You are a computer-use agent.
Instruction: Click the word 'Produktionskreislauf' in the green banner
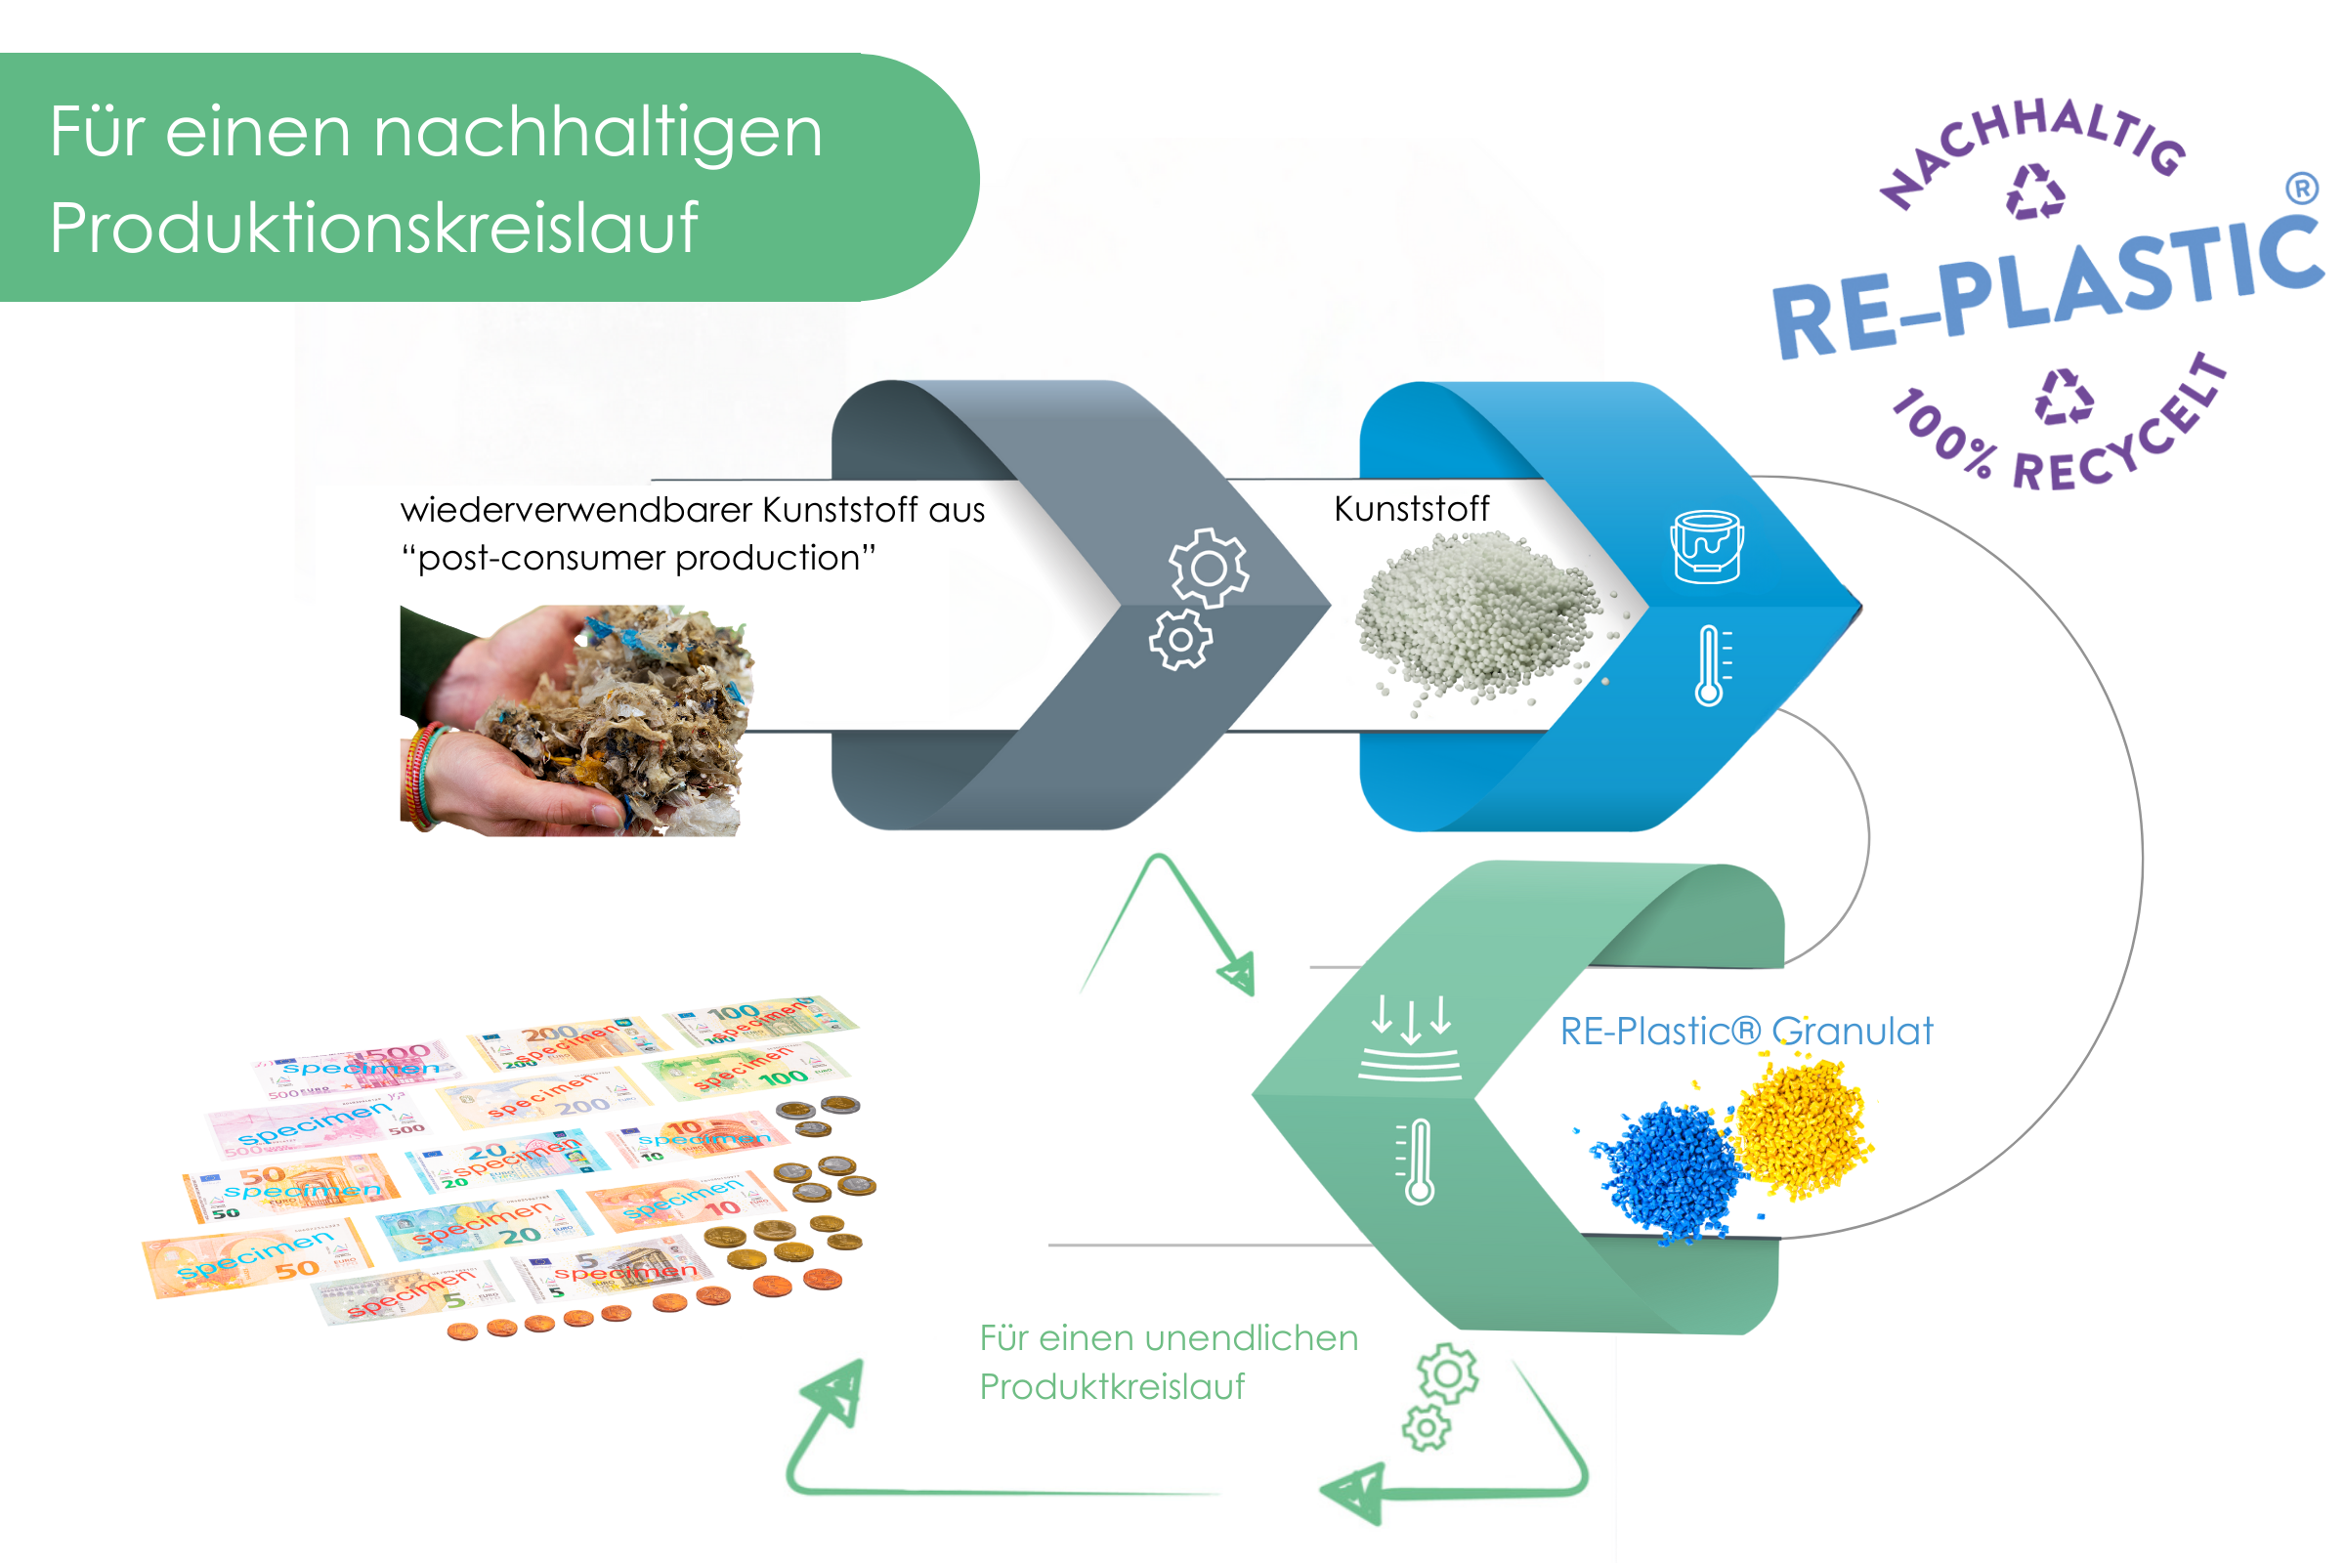pyautogui.click(x=374, y=228)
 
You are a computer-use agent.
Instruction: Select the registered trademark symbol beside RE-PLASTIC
pyautogui.click(x=2300, y=189)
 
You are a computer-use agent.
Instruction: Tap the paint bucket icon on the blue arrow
pyautogui.click(x=1707, y=546)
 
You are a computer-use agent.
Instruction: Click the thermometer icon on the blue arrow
pyautogui.click(x=1710, y=666)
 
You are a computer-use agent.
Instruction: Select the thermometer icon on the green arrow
pyautogui.click(x=1418, y=1162)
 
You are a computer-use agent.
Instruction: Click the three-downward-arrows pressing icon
pyautogui.click(x=1410, y=1036)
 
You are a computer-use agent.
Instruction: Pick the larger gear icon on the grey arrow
pyautogui.click(x=1209, y=569)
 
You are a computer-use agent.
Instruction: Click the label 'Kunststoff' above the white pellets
pyautogui.click(x=1411, y=509)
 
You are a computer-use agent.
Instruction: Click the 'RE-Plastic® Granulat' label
pyautogui.click(x=1746, y=1032)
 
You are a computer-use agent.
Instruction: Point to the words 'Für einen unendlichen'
pyautogui.click(x=1169, y=1338)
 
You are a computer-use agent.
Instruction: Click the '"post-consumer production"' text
pyautogui.click(x=638, y=558)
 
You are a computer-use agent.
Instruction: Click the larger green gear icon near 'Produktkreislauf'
pyautogui.click(x=1448, y=1373)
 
